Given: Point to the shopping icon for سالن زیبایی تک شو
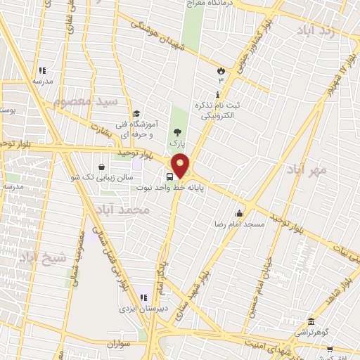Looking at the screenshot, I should (x=103, y=167).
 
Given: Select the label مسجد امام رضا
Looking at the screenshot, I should (x=239, y=224).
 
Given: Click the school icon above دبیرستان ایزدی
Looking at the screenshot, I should (x=144, y=297).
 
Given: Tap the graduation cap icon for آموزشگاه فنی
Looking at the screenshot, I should (x=136, y=114).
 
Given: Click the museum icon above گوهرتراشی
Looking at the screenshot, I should (x=310, y=321).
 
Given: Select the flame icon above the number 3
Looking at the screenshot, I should (x=221, y=70).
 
